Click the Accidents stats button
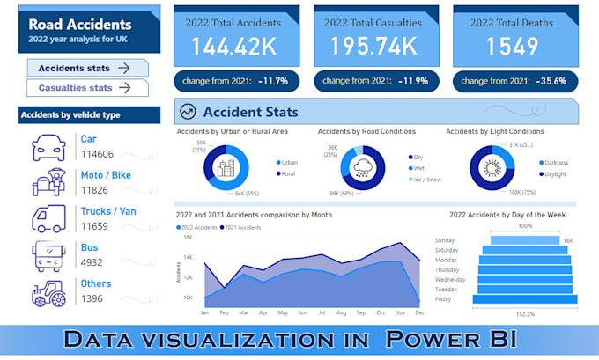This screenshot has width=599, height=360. click(x=87, y=68)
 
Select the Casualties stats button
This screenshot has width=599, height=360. click(x=87, y=88)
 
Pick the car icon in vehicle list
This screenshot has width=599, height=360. click(x=48, y=147)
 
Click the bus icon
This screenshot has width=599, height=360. click(x=48, y=255)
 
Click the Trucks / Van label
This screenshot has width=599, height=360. click(x=108, y=212)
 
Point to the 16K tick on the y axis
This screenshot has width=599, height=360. click(x=187, y=238)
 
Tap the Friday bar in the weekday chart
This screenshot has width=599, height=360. click(x=525, y=299)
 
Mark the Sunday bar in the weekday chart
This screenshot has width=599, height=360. click(x=525, y=239)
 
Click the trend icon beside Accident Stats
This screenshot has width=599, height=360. click(x=187, y=112)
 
